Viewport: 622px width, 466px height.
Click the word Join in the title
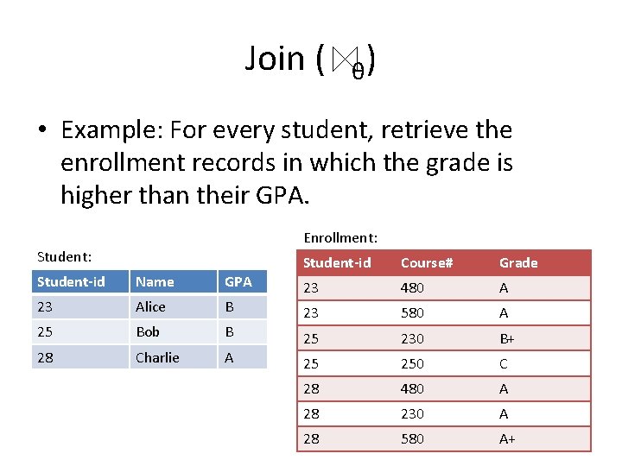(275, 59)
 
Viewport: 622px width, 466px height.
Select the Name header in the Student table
(155, 281)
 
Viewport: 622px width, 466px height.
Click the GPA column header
(238, 281)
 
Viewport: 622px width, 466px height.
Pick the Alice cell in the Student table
(151, 306)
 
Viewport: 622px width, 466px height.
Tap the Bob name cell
(148, 331)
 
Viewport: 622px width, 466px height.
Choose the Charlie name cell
(157, 356)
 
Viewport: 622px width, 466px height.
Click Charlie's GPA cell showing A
(229, 356)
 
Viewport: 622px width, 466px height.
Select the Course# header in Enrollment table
(422, 262)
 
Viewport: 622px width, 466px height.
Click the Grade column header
(518, 262)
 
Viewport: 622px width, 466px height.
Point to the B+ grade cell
(508, 339)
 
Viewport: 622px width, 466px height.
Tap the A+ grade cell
(508, 438)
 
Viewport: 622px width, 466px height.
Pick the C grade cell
(504, 364)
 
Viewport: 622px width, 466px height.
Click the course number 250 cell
(412, 364)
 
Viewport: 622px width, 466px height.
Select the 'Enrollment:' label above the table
(340, 237)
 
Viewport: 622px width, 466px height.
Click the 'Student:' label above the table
(65, 256)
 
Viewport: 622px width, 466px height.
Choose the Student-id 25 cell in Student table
(46, 331)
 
